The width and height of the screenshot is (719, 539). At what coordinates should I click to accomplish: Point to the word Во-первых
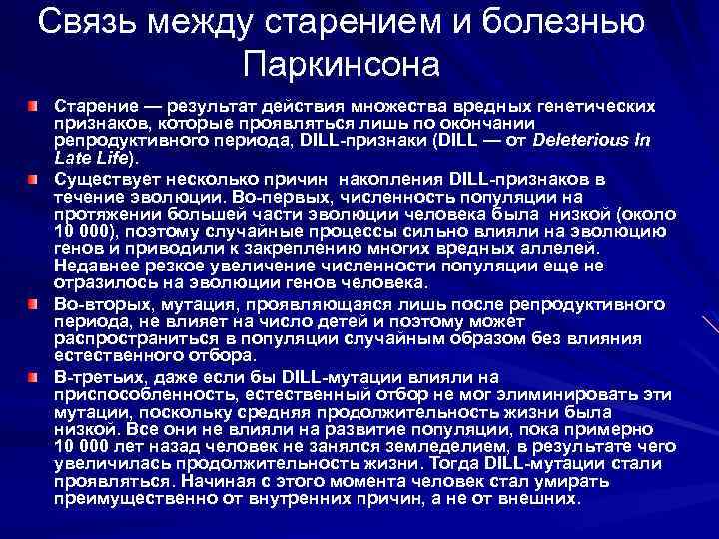tap(274, 197)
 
